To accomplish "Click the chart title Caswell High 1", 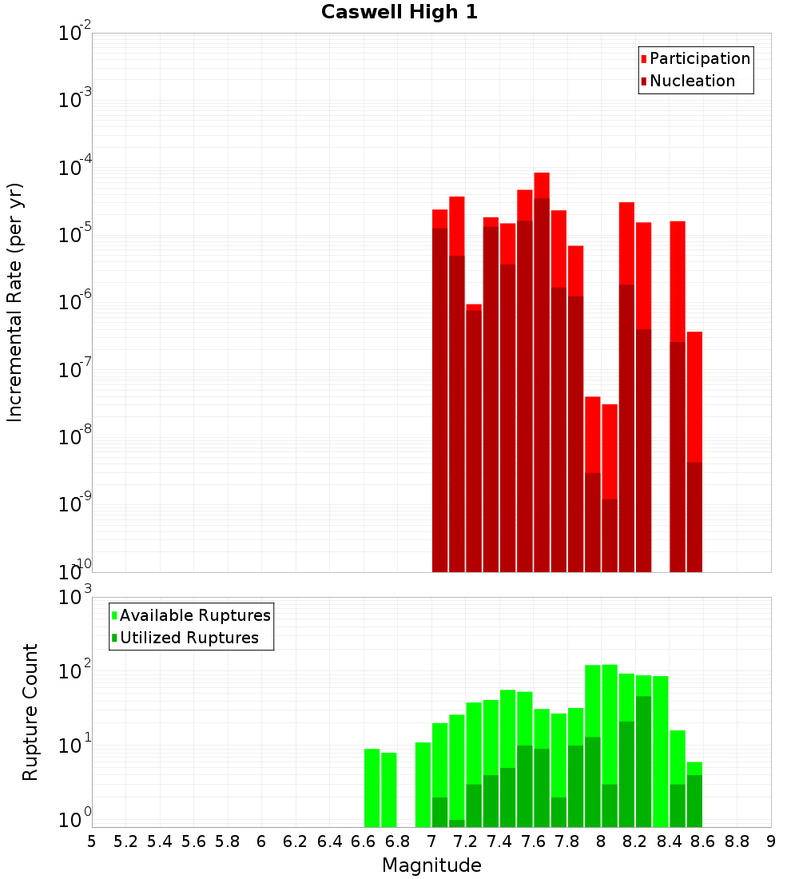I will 399,13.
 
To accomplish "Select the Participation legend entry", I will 699,58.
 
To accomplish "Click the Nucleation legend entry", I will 691,81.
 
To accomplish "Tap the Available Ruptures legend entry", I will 194,615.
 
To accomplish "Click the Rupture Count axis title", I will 30,711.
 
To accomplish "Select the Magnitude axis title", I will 431,865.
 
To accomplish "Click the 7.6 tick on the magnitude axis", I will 533,841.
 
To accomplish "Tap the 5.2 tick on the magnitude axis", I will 125,841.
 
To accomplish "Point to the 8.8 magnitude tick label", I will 737,841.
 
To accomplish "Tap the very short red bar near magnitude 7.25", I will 474,307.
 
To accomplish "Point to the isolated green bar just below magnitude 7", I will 423,783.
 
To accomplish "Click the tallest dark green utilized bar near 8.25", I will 644,759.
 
